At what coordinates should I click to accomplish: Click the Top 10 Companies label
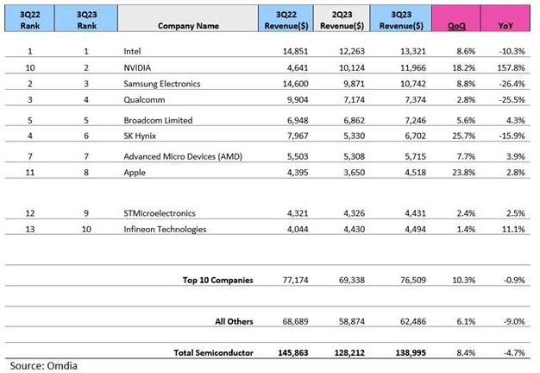point(219,281)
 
